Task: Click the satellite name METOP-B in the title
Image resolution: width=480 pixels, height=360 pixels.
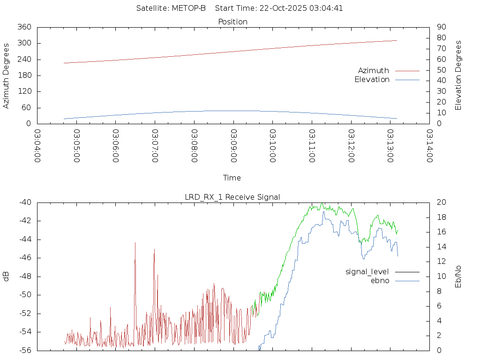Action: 189,8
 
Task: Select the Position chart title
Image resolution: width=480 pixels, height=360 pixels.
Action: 232,22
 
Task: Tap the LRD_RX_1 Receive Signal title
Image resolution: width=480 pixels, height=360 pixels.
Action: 232,197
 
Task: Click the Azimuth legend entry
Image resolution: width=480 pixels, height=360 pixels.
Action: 374,70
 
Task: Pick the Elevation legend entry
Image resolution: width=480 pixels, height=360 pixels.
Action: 372,80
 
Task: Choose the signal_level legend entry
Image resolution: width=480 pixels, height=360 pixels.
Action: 367,271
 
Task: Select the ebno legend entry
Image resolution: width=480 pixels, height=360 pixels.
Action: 380,280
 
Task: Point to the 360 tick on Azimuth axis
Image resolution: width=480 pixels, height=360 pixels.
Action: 24,27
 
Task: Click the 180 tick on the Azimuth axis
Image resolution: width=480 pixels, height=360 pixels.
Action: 24,75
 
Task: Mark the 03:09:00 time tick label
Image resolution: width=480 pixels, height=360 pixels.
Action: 233,146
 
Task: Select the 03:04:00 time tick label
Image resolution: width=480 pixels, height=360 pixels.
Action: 37,146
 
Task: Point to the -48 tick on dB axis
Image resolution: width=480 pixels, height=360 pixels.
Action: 25,277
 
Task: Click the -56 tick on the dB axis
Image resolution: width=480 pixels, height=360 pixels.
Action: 25,350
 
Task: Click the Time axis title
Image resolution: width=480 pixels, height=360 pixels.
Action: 232,178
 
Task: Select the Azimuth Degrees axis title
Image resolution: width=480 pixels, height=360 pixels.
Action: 6,75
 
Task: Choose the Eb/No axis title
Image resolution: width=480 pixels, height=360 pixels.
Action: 458,276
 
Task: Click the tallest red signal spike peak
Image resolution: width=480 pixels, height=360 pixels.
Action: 135,243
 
